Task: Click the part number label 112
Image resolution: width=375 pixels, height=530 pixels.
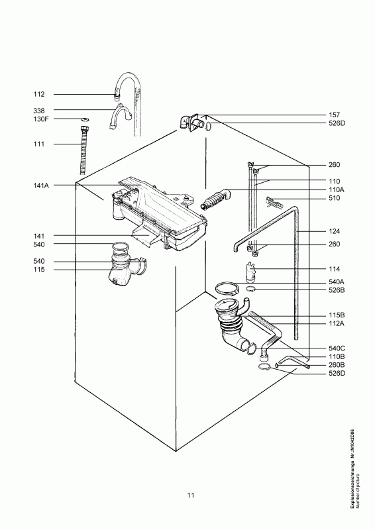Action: [x=39, y=94]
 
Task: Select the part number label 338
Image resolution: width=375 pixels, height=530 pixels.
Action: [x=39, y=109]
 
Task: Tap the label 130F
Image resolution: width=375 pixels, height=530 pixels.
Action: [x=41, y=119]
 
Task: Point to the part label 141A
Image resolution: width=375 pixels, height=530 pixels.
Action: [x=41, y=185]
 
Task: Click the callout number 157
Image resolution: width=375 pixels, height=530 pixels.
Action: [x=335, y=114]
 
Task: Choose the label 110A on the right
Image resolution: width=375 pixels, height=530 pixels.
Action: [x=337, y=189]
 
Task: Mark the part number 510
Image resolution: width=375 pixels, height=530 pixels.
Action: [x=335, y=198]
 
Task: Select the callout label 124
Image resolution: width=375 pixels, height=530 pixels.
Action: [x=335, y=231]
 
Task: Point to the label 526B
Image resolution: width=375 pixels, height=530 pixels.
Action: [x=337, y=291]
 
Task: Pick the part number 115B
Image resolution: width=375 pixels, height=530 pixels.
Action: [x=337, y=315]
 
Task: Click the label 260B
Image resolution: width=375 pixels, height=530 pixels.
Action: [x=337, y=364]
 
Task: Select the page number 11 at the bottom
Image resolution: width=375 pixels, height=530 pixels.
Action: [x=190, y=495]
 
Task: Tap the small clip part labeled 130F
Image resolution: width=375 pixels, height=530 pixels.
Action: [x=85, y=120]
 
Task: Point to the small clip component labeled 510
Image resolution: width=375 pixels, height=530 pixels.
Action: [x=274, y=201]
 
